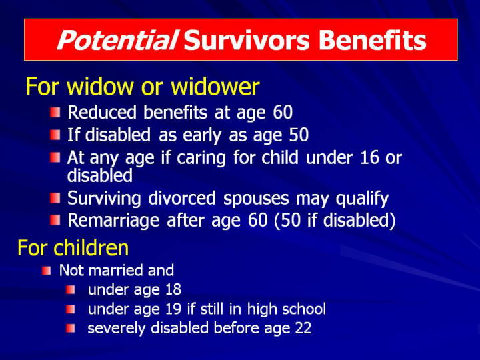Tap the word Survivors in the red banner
click(x=247, y=40)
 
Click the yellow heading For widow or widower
click(x=143, y=86)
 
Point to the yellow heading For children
click(x=73, y=247)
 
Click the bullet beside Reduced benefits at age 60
click(x=55, y=112)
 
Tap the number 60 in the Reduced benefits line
click(x=283, y=112)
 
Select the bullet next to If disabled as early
click(x=55, y=135)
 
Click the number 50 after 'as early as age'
click(x=299, y=135)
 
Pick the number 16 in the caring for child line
click(x=369, y=157)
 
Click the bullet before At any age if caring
click(x=55, y=158)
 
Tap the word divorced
click(x=182, y=198)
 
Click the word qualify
click(x=362, y=199)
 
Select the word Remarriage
click(x=113, y=221)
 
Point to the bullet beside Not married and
click(x=46, y=271)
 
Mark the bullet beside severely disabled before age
click(x=71, y=329)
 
